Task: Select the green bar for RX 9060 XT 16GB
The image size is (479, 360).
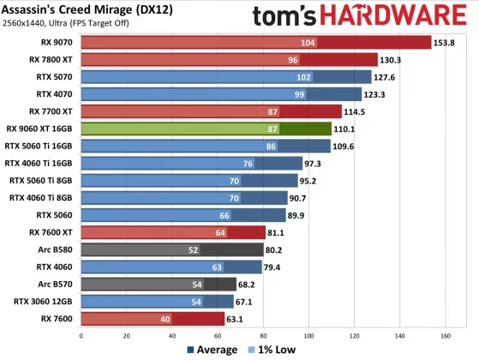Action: [206, 129]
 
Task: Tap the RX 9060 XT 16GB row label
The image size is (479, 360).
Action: [39, 129]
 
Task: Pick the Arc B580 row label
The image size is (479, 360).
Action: [55, 249]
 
